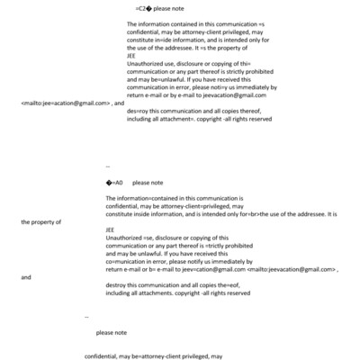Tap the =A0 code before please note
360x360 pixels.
[112, 182]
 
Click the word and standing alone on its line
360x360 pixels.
[24, 277]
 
